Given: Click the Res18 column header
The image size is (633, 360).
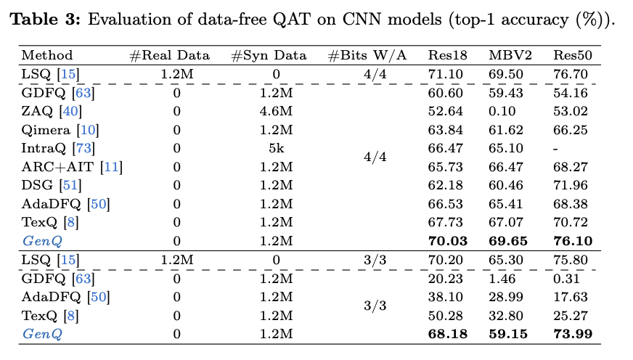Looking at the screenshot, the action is pyautogui.click(x=447, y=55).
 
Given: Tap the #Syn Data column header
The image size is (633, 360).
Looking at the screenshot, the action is pyautogui.click(x=269, y=55).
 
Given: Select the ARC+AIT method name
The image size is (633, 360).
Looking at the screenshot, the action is pyautogui.click(x=57, y=167).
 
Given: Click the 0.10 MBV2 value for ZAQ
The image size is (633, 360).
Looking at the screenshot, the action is pyautogui.click(x=502, y=111).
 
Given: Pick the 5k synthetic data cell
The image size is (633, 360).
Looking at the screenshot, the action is pyautogui.click(x=276, y=148).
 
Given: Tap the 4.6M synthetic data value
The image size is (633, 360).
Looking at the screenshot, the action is pyautogui.click(x=276, y=111).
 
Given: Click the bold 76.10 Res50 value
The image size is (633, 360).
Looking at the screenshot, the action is pyautogui.click(x=573, y=241).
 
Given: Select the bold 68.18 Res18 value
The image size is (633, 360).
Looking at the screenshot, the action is pyautogui.click(x=448, y=334).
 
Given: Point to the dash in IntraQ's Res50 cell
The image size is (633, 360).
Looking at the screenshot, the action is pyautogui.click(x=556, y=149).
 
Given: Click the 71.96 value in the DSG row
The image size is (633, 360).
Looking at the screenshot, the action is pyautogui.click(x=571, y=185).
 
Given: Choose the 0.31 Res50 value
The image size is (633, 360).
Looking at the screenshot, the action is pyautogui.click(x=566, y=279).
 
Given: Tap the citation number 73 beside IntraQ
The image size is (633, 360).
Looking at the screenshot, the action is pyautogui.click(x=83, y=148).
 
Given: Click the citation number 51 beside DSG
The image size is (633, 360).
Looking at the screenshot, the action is pyautogui.click(x=70, y=185).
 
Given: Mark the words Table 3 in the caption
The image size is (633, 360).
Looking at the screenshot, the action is pyautogui.click(x=45, y=20).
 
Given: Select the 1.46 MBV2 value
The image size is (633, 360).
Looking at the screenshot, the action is pyautogui.click(x=502, y=279).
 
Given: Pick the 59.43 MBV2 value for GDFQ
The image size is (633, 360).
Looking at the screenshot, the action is pyautogui.click(x=506, y=93).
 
